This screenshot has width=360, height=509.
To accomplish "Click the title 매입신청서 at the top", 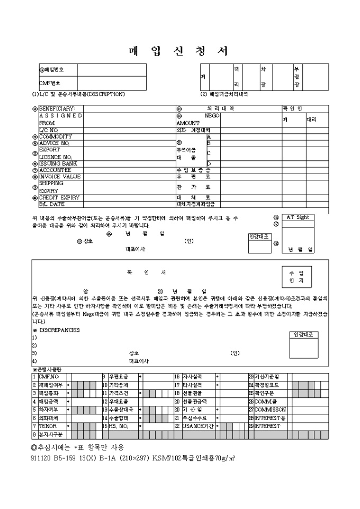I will coord(179,51).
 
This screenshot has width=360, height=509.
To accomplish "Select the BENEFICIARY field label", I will coord(58,108).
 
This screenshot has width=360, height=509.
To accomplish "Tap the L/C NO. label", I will coord(49,130).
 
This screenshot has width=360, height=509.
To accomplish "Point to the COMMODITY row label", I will coord(55,136).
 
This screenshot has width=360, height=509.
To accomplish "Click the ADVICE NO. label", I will coord(55,143).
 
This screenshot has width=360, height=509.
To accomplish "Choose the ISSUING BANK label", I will coord(59,163).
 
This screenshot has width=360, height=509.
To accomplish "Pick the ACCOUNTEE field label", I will coord(55,170).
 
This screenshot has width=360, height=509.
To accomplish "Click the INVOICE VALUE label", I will coord(60,177).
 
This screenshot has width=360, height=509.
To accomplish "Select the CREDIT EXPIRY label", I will coord(59,197).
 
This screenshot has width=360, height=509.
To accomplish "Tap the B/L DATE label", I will coord(52,204).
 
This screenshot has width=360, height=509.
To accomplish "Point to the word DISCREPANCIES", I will coord(59,330).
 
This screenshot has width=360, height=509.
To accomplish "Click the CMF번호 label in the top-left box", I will coord(50,83).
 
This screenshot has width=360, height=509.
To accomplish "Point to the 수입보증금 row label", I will coord(193,170).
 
